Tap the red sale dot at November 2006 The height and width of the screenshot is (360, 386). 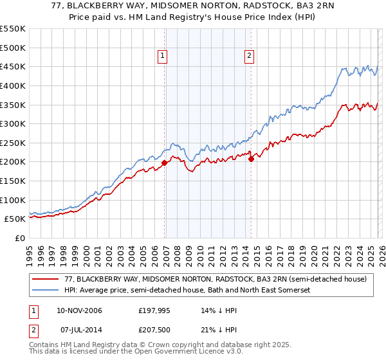click(x=164, y=163)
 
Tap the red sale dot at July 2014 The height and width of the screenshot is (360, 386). click(x=252, y=159)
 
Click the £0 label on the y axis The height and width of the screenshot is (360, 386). click(x=19, y=239)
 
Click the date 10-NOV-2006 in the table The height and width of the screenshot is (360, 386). click(x=80, y=310)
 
